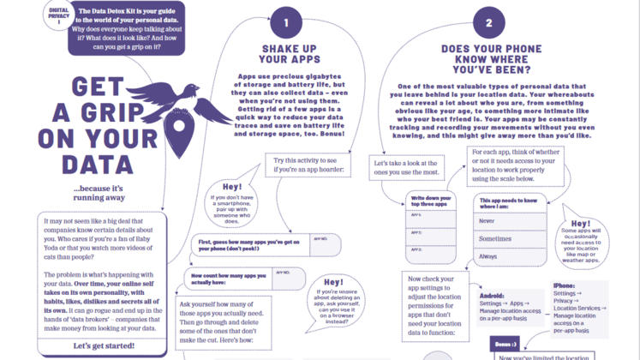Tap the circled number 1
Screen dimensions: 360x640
click(286, 23)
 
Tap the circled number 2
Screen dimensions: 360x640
click(489, 23)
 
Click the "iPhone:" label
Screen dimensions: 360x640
click(565, 285)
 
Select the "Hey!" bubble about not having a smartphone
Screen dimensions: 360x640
click(233, 201)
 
